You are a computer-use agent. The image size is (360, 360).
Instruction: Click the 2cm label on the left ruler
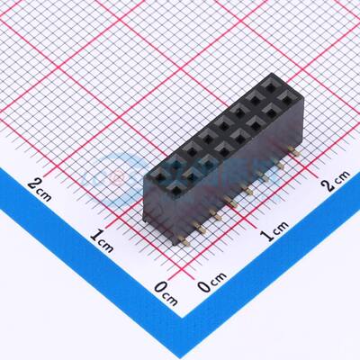[41, 184]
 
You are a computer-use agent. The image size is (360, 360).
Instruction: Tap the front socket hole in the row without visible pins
[157, 175]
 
